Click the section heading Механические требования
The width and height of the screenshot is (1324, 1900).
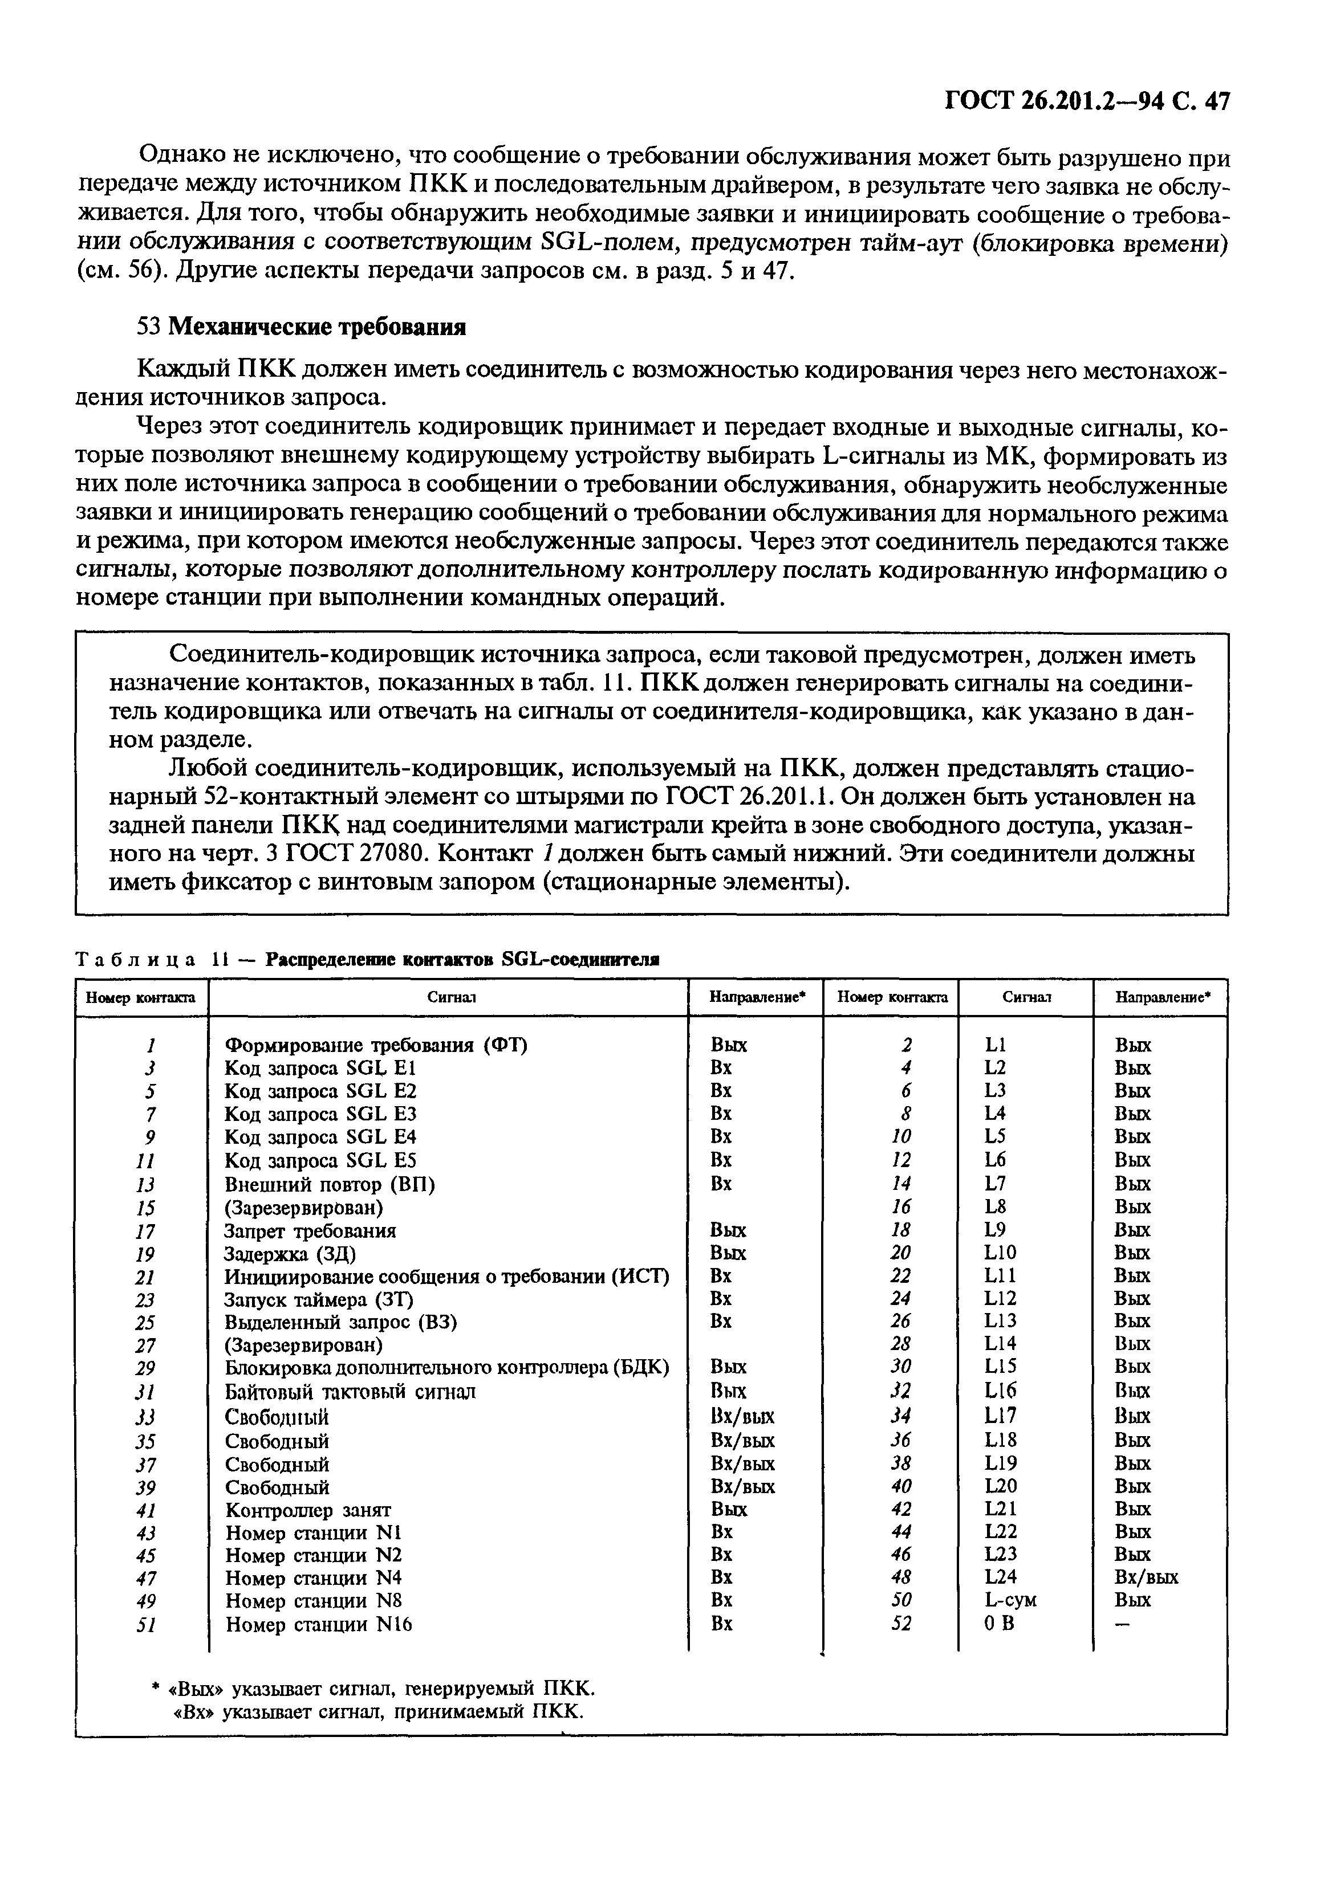317,327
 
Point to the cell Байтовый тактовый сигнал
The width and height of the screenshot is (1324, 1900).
350,1392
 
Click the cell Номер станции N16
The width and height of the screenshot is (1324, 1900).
319,1624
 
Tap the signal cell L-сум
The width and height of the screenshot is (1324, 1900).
1009,1600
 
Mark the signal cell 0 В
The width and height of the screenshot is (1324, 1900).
998,1624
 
